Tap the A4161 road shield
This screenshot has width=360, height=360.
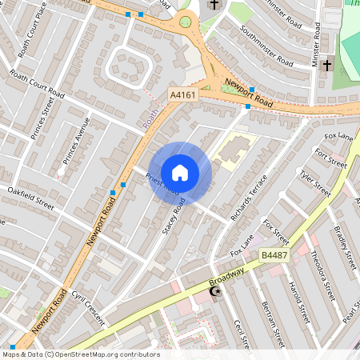tap(182, 94)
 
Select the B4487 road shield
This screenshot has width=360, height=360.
tap(274, 255)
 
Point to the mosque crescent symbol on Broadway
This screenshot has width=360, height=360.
tap(214, 294)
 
